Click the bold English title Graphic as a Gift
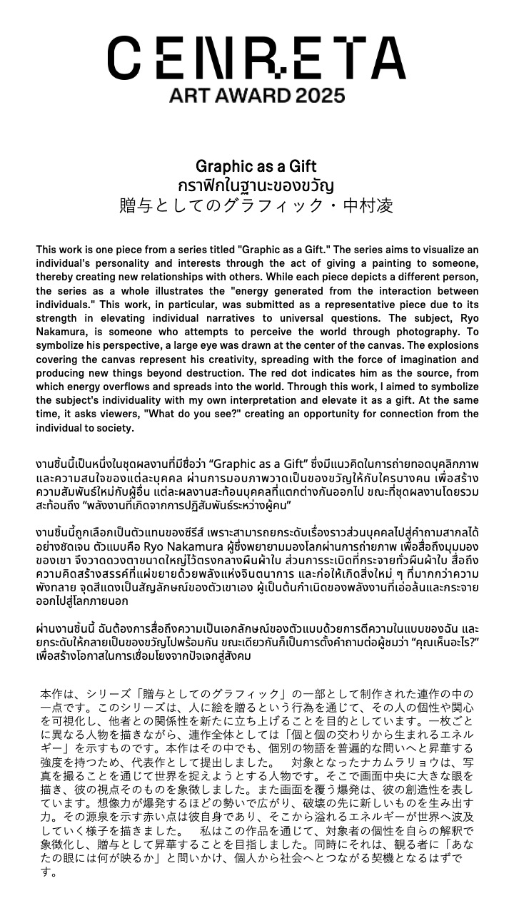tap(256, 167)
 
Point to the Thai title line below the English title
tap(256, 186)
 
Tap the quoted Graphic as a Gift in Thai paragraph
tap(267, 462)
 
